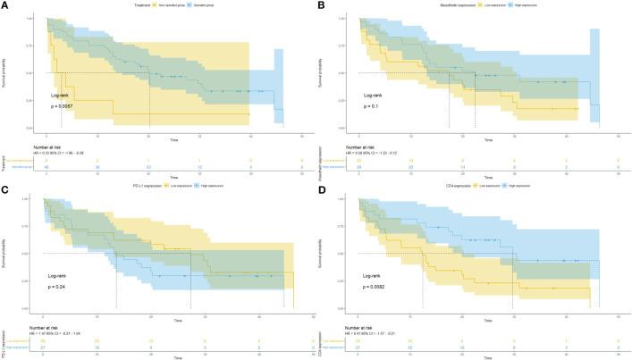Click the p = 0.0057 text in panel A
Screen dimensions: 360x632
click(x=65, y=105)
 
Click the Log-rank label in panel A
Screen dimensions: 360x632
click(x=62, y=93)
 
